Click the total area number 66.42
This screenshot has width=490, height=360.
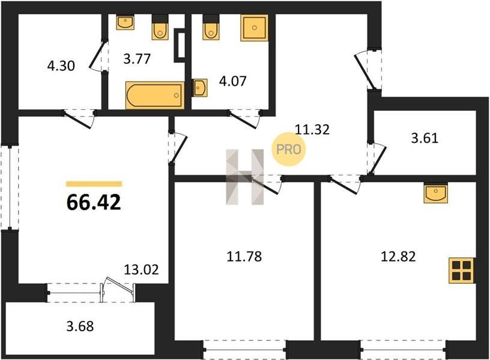pyautogui.click(x=94, y=202)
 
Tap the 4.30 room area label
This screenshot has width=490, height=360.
pyautogui.click(x=61, y=66)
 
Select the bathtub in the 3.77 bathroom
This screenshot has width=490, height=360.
pyautogui.click(x=155, y=95)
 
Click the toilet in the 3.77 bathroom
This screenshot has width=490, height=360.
pyautogui.click(x=160, y=27)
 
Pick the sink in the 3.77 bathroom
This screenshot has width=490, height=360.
pyautogui.click(x=126, y=22)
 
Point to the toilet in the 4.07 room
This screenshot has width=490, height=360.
pyautogui.click(x=211, y=27)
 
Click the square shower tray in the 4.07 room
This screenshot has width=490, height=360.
pyautogui.click(x=255, y=28)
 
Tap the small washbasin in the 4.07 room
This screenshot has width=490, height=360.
pyautogui.click(x=199, y=88)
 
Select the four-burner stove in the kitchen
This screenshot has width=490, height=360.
pyautogui.click(x=462, y=271)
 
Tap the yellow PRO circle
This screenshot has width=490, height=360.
pyautogui.click(x=288, y=149)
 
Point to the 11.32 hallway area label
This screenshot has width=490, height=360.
pyautogui.click(x=312, y=129)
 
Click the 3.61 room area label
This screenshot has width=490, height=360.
pyautogui.click(x=425, y=137)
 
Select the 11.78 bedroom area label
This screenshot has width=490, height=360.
pyautogui.click(x=244, y=256)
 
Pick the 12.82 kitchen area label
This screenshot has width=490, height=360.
pyautogui.click(x=399, y=256)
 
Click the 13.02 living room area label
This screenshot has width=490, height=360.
pyautogui.click(x=141, y=269)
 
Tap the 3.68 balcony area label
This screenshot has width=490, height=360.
pyautogui.click(x=80, y=326)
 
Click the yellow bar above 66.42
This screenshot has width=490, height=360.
pyautogui.click(x=94, y=184)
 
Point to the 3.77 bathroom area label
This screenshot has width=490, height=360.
pyautogui.click(x=137, y=58)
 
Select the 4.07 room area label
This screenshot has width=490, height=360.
pyautogui.click(x=233, y=81)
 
